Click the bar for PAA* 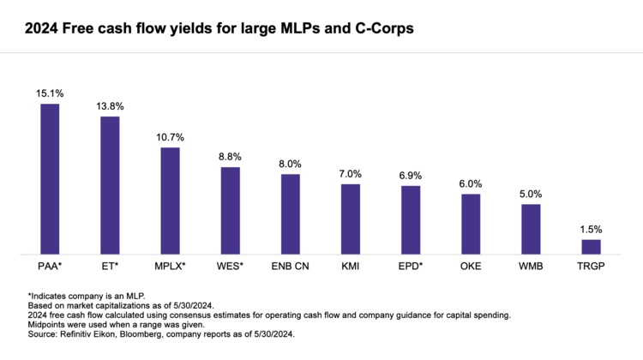50,179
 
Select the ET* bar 110,185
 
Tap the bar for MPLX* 170,201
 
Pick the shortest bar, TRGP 592,247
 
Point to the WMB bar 532,229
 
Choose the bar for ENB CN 291,214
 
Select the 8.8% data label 230,157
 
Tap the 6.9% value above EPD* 411,176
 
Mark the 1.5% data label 592,229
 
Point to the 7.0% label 351,174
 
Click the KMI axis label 351,267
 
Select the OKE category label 472,267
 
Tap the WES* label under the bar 230,267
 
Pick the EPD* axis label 411,267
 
